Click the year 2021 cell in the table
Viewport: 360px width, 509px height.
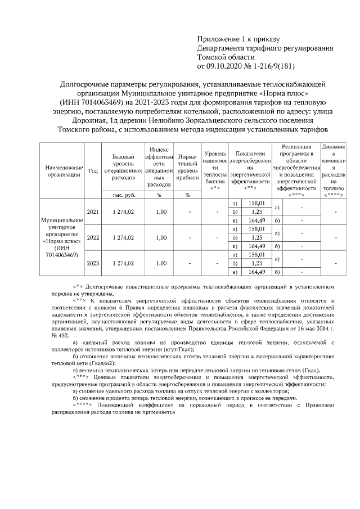[93, 212]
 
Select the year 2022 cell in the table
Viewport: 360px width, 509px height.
[93, 237]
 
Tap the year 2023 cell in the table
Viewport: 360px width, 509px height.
[93, 263]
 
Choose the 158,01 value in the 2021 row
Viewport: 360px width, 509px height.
[256, 203]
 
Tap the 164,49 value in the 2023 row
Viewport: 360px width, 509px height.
[256, 272]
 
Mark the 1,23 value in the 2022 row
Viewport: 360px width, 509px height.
[256, 237]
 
